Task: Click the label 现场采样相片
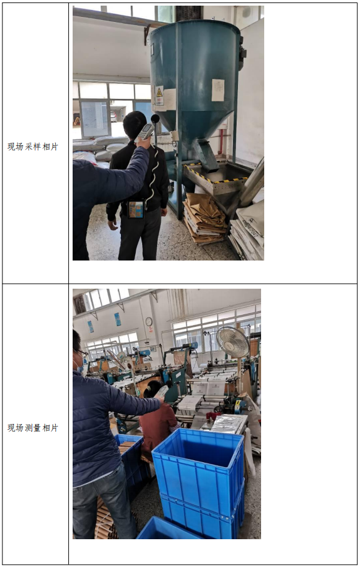[x=33, y=147]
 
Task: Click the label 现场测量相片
[x=33, y=428]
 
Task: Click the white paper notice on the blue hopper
[x=218, y=90]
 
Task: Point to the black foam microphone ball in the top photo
[x=155, y=118]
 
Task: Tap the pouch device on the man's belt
[x=135, y=209]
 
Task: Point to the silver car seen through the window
[x=114, y=116]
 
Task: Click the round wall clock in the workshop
[x=149, y=321]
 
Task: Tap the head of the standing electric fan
[x=233, y=341]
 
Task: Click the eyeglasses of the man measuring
[x=81, y=352]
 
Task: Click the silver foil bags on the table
[x=227, y=424]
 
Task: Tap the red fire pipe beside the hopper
[x=221, y=142]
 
